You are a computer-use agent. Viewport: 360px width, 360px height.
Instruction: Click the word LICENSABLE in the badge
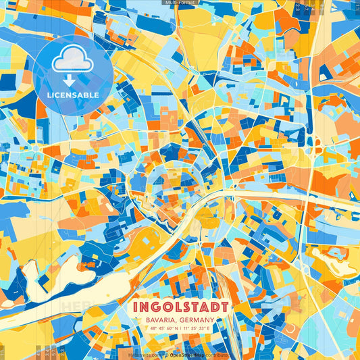[x=72, y=95]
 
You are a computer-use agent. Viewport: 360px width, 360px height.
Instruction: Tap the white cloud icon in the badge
[x=72, y=61]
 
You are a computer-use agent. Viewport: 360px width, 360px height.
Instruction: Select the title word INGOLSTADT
[x=180, y=305]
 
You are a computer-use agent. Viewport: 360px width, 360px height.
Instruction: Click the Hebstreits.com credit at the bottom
[x=144, y=354]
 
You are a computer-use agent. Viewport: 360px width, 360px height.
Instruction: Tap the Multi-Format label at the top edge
[x=180, y=3]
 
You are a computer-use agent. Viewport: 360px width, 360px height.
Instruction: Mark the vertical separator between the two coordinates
[x=181, y=329]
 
